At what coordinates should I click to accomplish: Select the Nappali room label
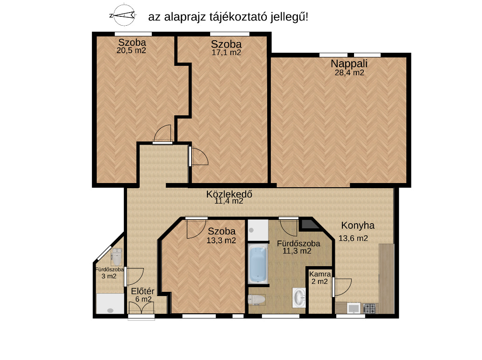pyautogui.click(x=349, y=64)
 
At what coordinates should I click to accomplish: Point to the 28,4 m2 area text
pyautogui.click(x=349, y=72)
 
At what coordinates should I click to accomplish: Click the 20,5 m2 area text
pyautogui.click(x=131, y=50)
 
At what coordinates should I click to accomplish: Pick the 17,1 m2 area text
pyautogui.click(x=226, y=52)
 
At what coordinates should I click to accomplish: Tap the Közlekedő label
pyautogui.click(x=229, y=194)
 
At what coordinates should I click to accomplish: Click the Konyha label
pyautogui.click(x=358, y=226)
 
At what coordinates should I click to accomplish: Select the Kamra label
pyautogui.click(x=320, y=274)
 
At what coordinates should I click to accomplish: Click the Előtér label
pyautogui.click(x=142, y=291)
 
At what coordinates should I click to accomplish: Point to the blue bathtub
pyautogui.click(x=258, y=264)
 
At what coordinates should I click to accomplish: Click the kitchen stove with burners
pyautogui.click(x=369, y=308)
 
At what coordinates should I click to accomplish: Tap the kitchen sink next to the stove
pyautogui.click(x=354, y=308)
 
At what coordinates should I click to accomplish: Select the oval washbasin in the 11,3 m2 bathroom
pyautogui.click(x=299, y=297)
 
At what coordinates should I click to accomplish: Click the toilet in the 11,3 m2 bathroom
pyautogui.click(x=256, y=299)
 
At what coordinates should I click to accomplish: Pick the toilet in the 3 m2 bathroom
pyautogui.click(x=117, y=257)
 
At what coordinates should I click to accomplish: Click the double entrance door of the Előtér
pyautogui.click(x=142, y=308)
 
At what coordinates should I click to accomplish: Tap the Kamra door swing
pyautogui.click(x=341, y=287)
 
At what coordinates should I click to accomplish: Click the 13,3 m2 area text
pyautogui.click(x=221, y=240)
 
